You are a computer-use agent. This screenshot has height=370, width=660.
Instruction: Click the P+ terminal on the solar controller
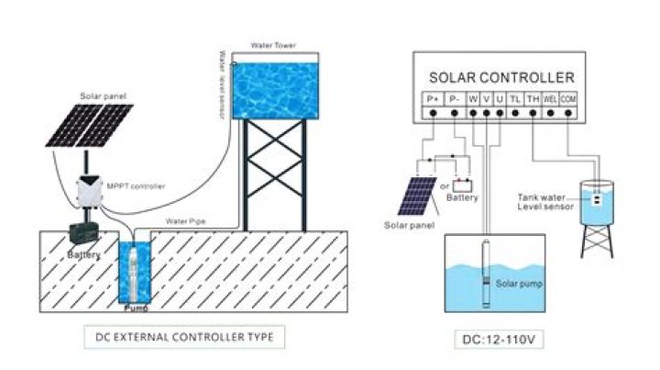433,98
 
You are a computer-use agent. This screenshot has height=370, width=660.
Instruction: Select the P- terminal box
455,98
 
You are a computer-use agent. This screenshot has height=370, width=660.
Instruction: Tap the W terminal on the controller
473,98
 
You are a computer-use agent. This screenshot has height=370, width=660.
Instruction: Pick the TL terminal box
515,98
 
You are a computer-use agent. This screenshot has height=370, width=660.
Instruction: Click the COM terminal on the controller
568,98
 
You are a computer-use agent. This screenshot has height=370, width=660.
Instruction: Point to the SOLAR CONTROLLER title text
502,77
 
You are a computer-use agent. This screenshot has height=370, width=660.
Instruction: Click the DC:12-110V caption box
500,339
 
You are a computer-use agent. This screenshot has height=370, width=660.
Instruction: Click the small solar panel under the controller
416,196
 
